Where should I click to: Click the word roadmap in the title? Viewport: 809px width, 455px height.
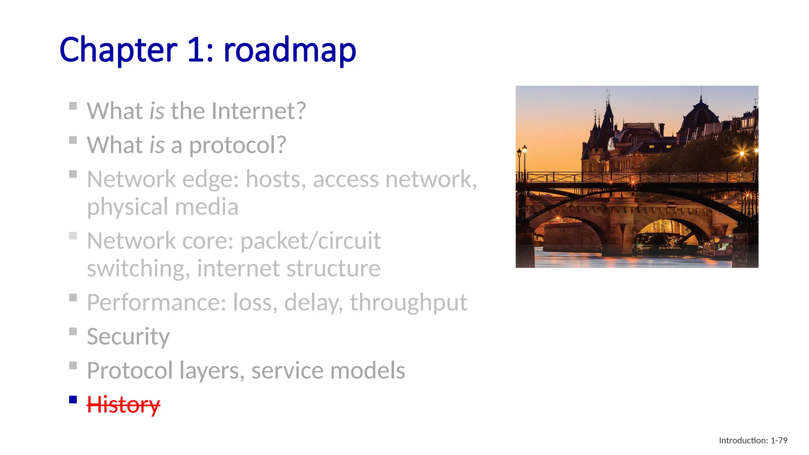pyautogui.click(x=290, y=50)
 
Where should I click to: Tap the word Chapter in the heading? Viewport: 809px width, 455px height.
pyautogui.click(x=118, y=50)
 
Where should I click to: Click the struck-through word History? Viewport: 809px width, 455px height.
pyautogui.click(x=123, y=404)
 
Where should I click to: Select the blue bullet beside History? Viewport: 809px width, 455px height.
pyautogui.click(x=73, y=400)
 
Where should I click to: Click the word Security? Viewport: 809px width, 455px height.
pyautogui.click(x=128, y=337)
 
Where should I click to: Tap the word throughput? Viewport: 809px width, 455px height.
pyautogui.click(x=408, y=303)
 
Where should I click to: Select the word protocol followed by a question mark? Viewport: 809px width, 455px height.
pyautogui.click(x=237, y=145)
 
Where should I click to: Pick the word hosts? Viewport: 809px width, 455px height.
pyautogui.click(x=276, y=179)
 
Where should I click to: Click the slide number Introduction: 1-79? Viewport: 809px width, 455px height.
pyautogui.click(x=753, y=440)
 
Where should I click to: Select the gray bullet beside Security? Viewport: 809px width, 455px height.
pyautogui.click(x=73, y=331)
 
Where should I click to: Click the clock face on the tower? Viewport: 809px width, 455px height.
pyautogui.click(x=611, y=144)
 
